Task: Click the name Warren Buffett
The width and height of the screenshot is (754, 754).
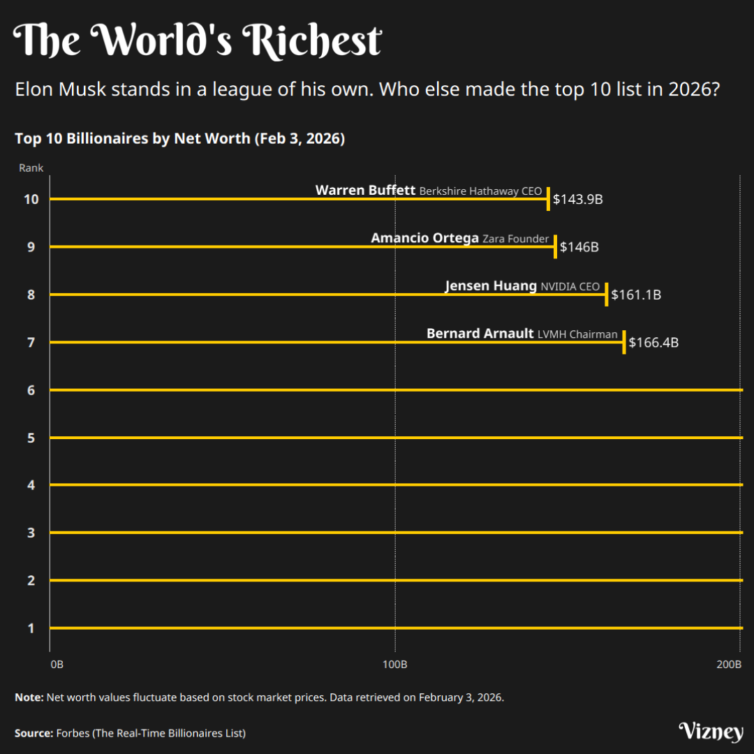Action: tap(365, 190)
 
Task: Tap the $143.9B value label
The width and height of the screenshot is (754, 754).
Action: tap(577, 200)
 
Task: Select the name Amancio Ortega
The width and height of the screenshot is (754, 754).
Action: tap(424, 238)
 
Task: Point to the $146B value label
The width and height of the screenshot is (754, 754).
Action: tap(579, 247)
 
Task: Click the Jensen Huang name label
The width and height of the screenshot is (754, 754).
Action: tap(491, 286)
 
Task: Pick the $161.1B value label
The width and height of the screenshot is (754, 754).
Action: tap(635, 295)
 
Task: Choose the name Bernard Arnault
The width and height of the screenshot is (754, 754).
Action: tap(480, 334)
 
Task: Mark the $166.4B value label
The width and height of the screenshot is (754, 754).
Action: tap(653, 343)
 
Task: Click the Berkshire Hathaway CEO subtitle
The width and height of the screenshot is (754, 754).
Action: tap(480, 191)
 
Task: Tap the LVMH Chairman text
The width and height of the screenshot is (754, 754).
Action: tap(577, 334)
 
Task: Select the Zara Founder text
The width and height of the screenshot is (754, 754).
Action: tap(516, 239)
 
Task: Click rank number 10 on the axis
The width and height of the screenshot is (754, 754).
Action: tap(31, 200)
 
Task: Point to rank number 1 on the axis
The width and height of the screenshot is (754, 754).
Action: tap(31, 628)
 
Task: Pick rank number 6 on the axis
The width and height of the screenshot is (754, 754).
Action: tap(31, 390)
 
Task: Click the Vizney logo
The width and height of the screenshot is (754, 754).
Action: tap(711, 732)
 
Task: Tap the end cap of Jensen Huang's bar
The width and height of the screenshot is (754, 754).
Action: tap(606, 295)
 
